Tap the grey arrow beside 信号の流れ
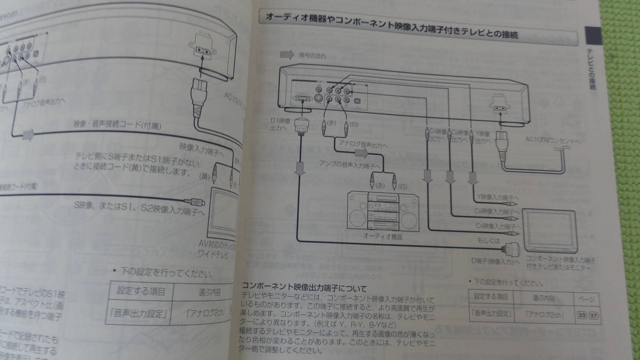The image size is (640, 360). [x=287, y=54]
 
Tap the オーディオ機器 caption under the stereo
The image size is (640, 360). [x=382, y=235]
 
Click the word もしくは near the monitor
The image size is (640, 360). [x=489, y=241]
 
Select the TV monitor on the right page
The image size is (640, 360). [x=549, y=230]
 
